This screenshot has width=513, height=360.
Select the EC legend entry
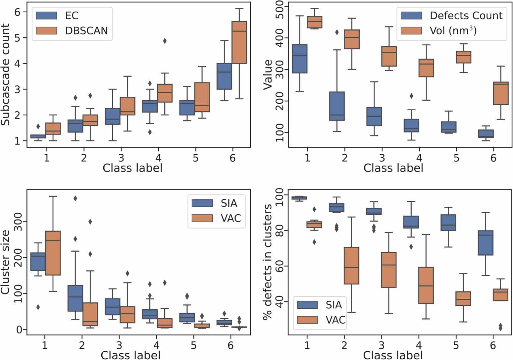click(x=72, y=16)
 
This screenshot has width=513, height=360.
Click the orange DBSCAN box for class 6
click(x=239, y=42)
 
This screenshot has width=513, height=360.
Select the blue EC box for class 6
click(x=224, y=76)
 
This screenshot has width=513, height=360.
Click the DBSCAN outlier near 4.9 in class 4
click(x=165, y=41)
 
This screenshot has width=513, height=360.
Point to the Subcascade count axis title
click(x=6, y=75)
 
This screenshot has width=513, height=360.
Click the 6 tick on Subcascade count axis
click(x=17, y=12)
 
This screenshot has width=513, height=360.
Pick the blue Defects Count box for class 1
click(x=299, y=59)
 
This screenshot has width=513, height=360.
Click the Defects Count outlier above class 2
click(x=337, y=32)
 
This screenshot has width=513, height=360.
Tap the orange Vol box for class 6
click(x=500, y=93)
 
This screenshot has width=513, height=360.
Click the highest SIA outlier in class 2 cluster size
click(x=75, y=198)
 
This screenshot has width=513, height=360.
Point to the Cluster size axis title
click(x=6, y=262)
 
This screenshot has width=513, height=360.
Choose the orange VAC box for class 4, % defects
click(x=426, y=285)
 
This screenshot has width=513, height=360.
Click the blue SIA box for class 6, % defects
click(x=486, y=243)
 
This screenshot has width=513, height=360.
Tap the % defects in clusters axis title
click(x=268, y=262)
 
